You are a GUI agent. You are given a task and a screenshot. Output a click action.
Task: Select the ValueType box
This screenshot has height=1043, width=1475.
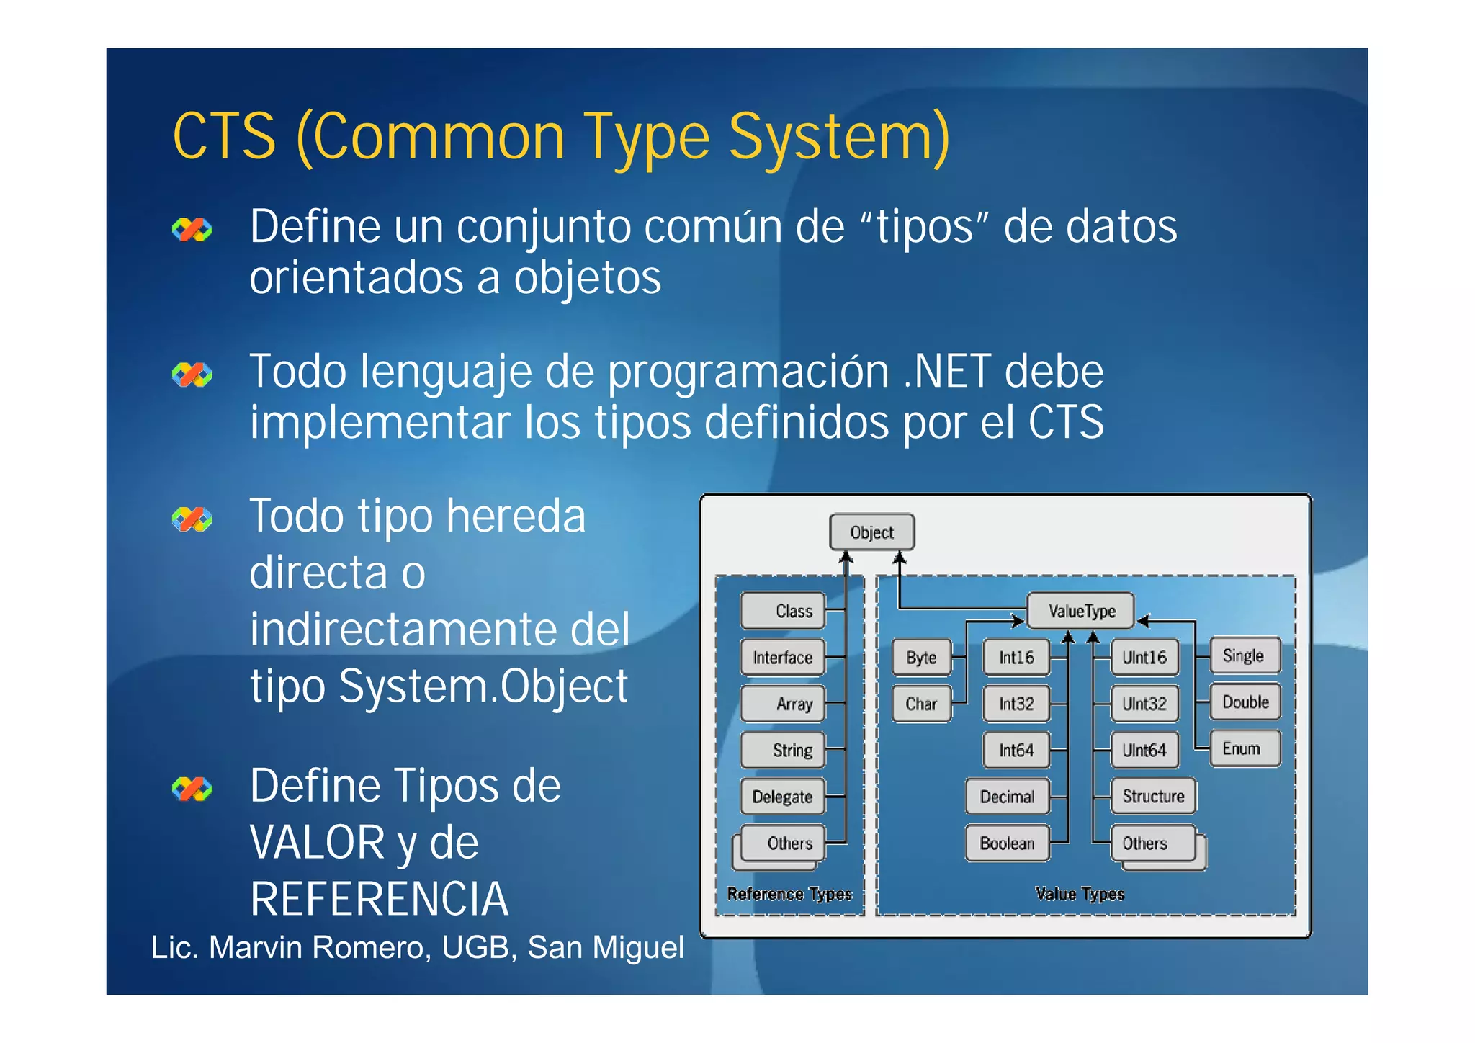1080,611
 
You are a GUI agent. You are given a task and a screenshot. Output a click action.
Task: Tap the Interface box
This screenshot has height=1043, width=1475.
782,657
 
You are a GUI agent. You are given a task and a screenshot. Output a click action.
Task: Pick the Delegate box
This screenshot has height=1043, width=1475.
782,797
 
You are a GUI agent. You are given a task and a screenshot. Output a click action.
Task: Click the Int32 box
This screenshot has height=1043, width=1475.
1016,704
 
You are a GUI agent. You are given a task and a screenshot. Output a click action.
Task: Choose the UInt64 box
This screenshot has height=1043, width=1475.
1144,751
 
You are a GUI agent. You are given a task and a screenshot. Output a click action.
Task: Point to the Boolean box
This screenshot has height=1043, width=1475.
1006,843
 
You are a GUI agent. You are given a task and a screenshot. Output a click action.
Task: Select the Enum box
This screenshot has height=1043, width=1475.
1244,749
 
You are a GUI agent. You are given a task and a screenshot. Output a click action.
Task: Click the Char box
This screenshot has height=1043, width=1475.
921,704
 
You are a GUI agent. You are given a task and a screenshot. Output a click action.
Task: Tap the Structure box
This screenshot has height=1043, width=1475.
1152,796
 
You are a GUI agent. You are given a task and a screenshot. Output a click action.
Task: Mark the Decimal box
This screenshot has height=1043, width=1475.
1006,797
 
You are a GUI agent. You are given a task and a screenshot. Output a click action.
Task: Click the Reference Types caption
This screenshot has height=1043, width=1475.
789,894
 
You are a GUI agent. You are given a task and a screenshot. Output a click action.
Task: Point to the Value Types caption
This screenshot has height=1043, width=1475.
1079,894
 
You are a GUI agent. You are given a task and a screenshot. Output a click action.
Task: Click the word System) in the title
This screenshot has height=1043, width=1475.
839,137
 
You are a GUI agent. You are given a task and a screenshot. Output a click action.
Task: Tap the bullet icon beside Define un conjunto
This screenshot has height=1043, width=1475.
192,230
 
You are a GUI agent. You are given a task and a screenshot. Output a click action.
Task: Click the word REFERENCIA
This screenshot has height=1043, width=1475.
379,899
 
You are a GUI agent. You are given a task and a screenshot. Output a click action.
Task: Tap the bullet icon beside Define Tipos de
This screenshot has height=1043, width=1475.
192,789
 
